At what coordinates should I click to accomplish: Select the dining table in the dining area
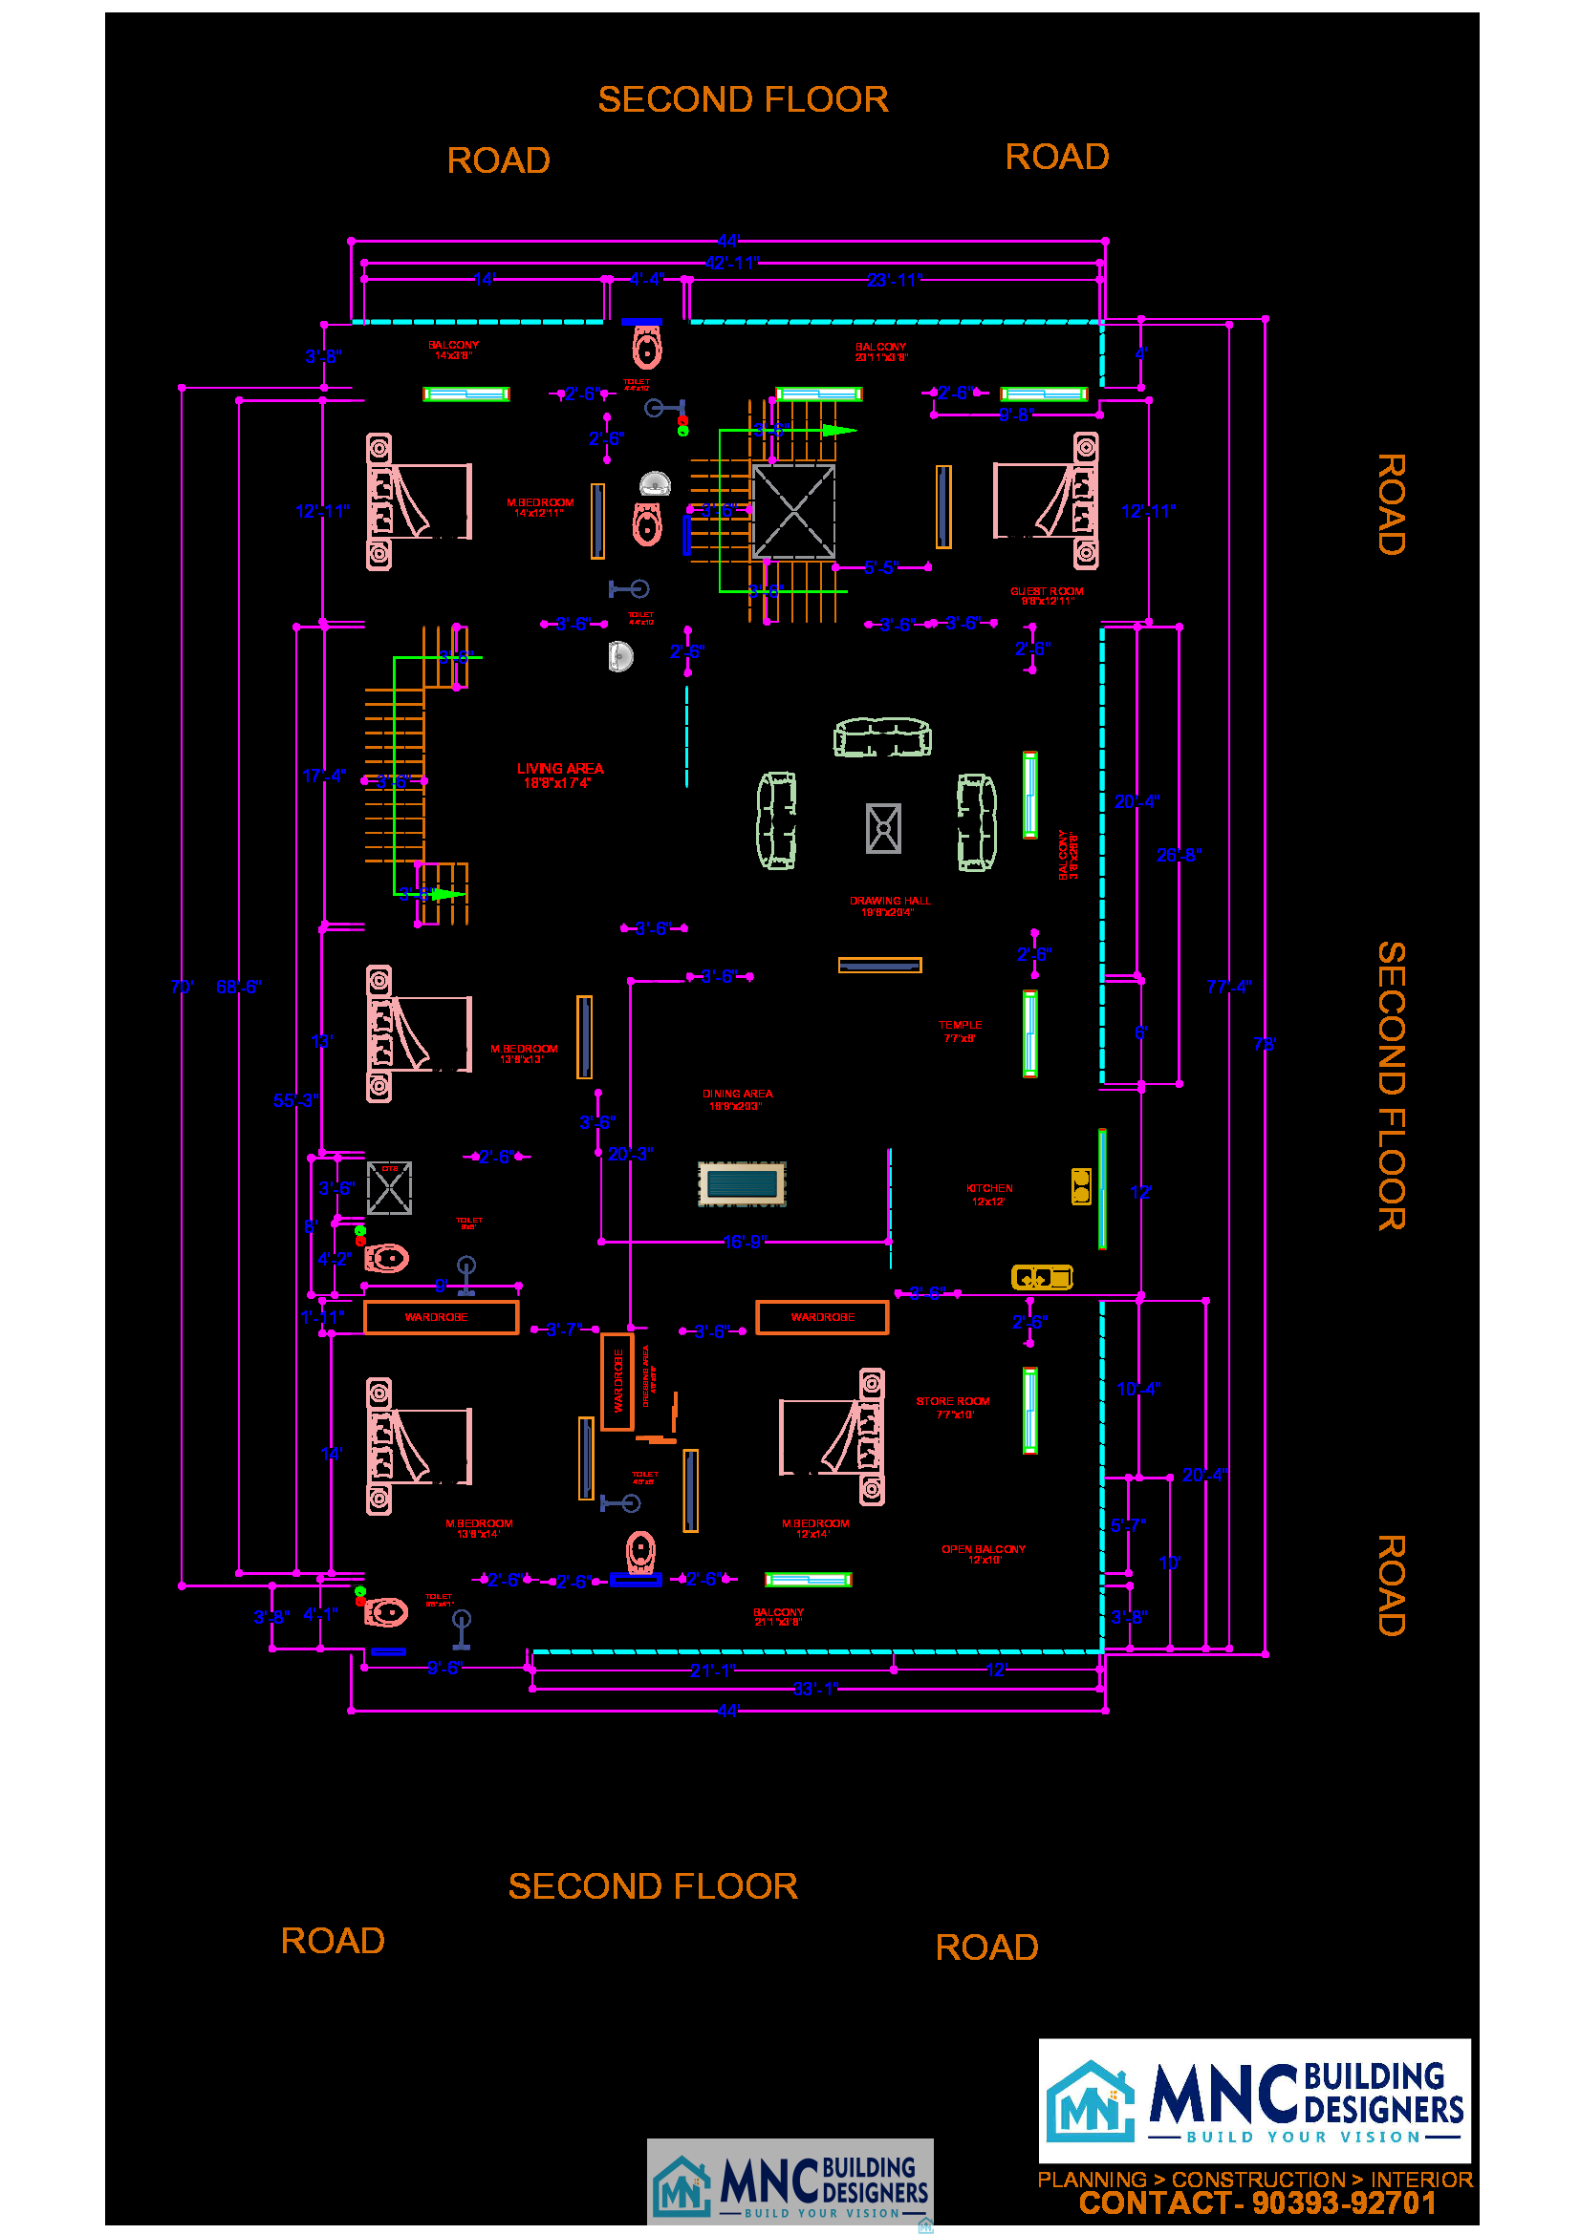(x=741, y=1183)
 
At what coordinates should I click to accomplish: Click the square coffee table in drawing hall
(x=883, y=828)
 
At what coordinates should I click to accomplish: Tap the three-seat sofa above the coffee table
(x=882, y=736)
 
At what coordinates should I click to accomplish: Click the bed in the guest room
(x=1046, y=501)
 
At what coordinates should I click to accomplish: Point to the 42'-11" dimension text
(x=731, y=263)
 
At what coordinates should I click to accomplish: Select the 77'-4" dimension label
(x=1227, y=987)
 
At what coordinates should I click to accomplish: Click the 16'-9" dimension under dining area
(x=744, y=1242)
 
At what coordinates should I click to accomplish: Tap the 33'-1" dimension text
(x=813, y=1688)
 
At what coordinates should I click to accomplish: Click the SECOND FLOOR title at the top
(x=742, y=99)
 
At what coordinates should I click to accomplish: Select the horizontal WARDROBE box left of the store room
(x=822, y=1316)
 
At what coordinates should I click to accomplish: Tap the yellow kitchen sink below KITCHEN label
(x=1041, y=1277)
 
